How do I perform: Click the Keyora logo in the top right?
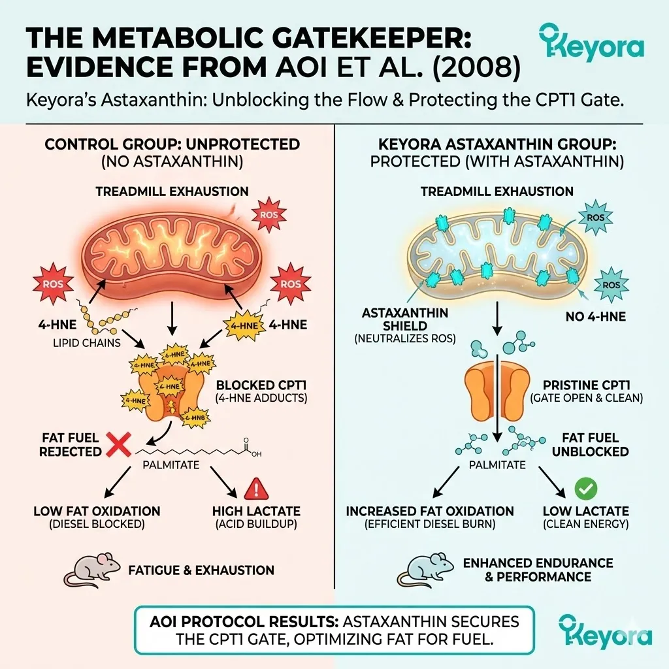click(x=591, y=47)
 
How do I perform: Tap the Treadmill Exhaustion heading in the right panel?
click(x=497, y=191)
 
